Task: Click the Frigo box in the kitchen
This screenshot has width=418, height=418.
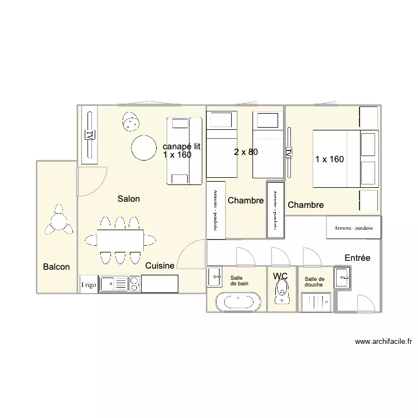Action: [x=89, y=284]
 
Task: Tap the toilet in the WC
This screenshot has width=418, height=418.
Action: [x=282, y=292]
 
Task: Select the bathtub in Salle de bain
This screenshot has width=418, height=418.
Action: [x=239, y=302]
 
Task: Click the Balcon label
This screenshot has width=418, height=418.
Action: [x=56, y=266]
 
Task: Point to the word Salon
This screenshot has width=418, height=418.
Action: [x=129, y=198]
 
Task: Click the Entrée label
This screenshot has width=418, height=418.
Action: [x=357, y=257]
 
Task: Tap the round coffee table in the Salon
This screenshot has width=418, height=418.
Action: [x=144, y=148]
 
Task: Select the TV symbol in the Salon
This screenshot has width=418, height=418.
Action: [x=90, y=135]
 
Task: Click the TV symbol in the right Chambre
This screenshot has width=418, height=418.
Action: [x=289, y=153]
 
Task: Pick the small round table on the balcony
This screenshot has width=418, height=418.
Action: [x=59, y=221]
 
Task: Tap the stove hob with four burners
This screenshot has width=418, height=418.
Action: [x=135, y=284]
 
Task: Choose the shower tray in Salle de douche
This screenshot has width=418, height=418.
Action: [x=316, y=302]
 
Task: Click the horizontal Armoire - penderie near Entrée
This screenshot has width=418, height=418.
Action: [x=353, y=227]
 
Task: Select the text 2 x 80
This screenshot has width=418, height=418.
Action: [x=246, y=152]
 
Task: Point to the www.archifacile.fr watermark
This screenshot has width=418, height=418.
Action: [x=383, y=342]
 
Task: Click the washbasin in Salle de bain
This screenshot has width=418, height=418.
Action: [x=215, y=276]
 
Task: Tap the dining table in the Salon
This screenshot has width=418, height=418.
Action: [x=120, y=240]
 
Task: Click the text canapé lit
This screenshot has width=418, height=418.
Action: [x=182, y=147]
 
